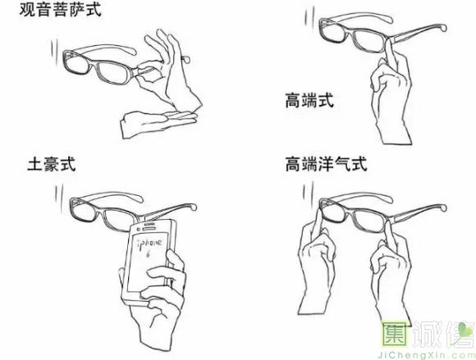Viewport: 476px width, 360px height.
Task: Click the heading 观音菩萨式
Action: click(60, 9)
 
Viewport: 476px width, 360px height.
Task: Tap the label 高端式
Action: click(309, 100)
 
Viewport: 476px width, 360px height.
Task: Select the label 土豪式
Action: click(52, 164)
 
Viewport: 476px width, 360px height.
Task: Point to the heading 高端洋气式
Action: click(327, 164)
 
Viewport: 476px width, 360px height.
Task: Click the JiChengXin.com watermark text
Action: click(425, 355)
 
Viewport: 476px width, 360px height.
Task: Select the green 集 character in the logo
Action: click(395, 335)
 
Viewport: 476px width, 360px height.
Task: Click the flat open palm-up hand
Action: click(158, 125)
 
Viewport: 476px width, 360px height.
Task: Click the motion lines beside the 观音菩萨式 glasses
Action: click(54, 51)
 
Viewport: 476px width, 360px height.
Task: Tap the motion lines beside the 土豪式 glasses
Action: click(58, 194)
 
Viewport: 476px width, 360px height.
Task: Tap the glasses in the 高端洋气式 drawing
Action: click(383, 214)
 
